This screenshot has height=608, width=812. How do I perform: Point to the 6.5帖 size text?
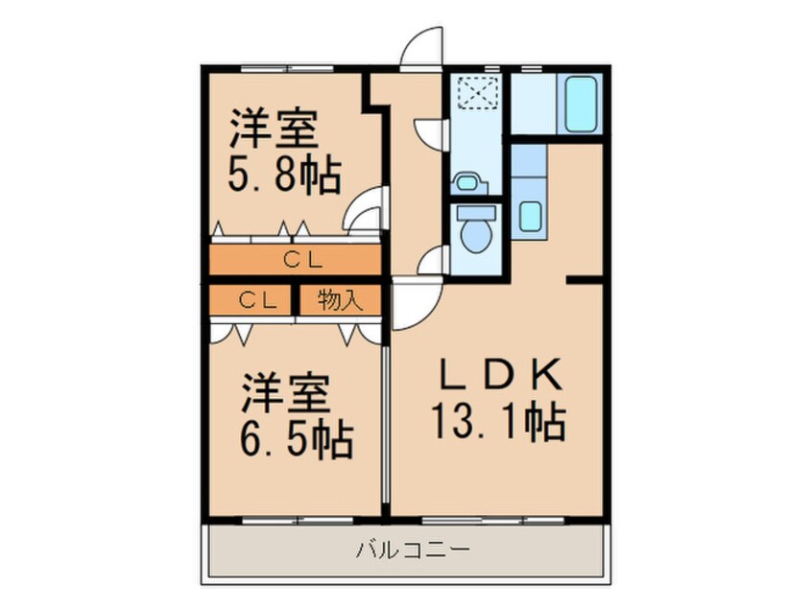click(x=297, y=440)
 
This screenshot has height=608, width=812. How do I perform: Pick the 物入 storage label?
click(x=340, y=300)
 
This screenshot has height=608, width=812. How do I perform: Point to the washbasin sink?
click(x=467, y=181)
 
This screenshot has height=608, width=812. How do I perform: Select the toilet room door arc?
click(x=434, y=259)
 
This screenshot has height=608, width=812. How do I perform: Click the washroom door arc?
click(x=430, y=131)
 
